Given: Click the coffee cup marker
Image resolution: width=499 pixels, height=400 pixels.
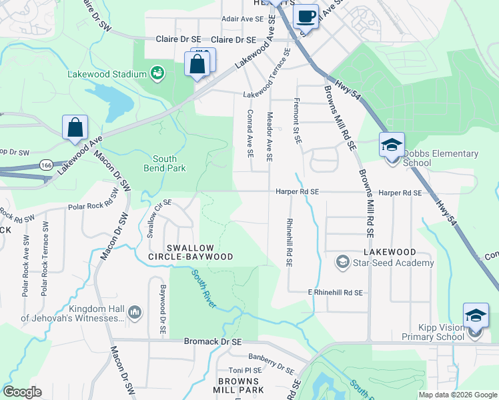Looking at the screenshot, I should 306,16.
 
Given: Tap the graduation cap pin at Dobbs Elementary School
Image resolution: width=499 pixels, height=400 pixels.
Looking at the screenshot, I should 392,144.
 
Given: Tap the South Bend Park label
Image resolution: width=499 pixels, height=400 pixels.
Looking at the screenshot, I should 165,163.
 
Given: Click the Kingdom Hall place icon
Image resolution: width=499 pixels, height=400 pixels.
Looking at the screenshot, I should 134,311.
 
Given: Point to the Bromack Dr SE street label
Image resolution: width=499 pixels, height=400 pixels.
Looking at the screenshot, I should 212,341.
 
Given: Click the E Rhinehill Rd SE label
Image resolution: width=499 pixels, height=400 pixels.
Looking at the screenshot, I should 335,292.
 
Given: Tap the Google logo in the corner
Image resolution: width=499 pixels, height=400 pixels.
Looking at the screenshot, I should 22,392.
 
